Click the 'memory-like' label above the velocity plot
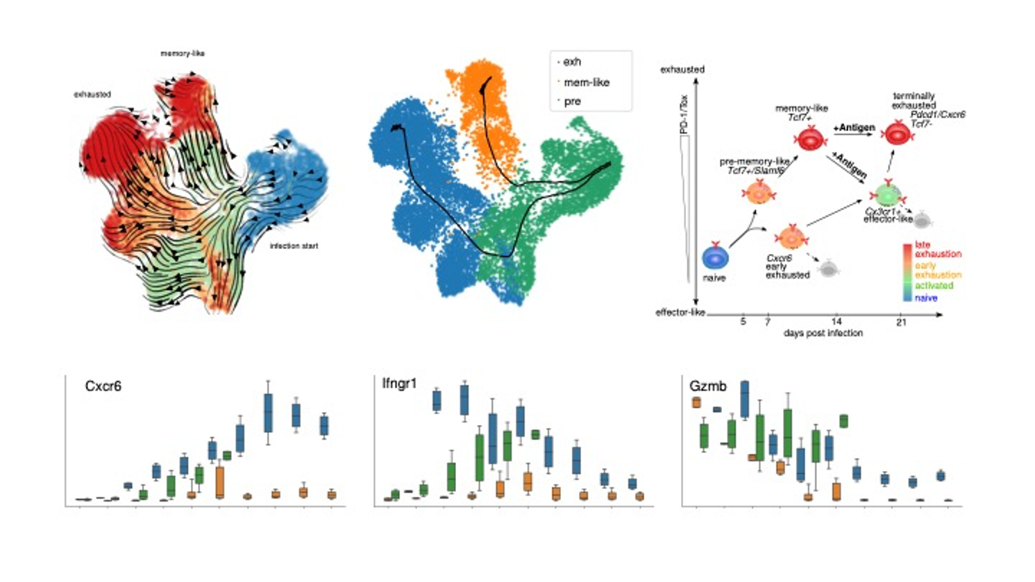point(182,53)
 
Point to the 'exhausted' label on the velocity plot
point(92,94)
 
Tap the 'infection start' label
point(294,246)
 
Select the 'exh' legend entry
point(572,62)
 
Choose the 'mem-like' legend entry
point(586,83)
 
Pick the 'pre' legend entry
point(572,101)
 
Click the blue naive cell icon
point(714,257)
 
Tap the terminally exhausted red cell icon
point(897,132)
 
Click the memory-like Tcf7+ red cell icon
point(809,138)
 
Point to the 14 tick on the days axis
point(836,322)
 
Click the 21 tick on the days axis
point(900,322)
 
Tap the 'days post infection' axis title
point(823,333)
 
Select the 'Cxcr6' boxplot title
point(103,386)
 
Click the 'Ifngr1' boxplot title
point(399,383)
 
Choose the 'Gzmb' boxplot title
point(708,386)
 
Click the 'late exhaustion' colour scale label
point(937,249)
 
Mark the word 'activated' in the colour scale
point(934,286)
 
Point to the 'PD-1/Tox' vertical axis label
point(684,115)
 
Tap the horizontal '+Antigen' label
point(854,128)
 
